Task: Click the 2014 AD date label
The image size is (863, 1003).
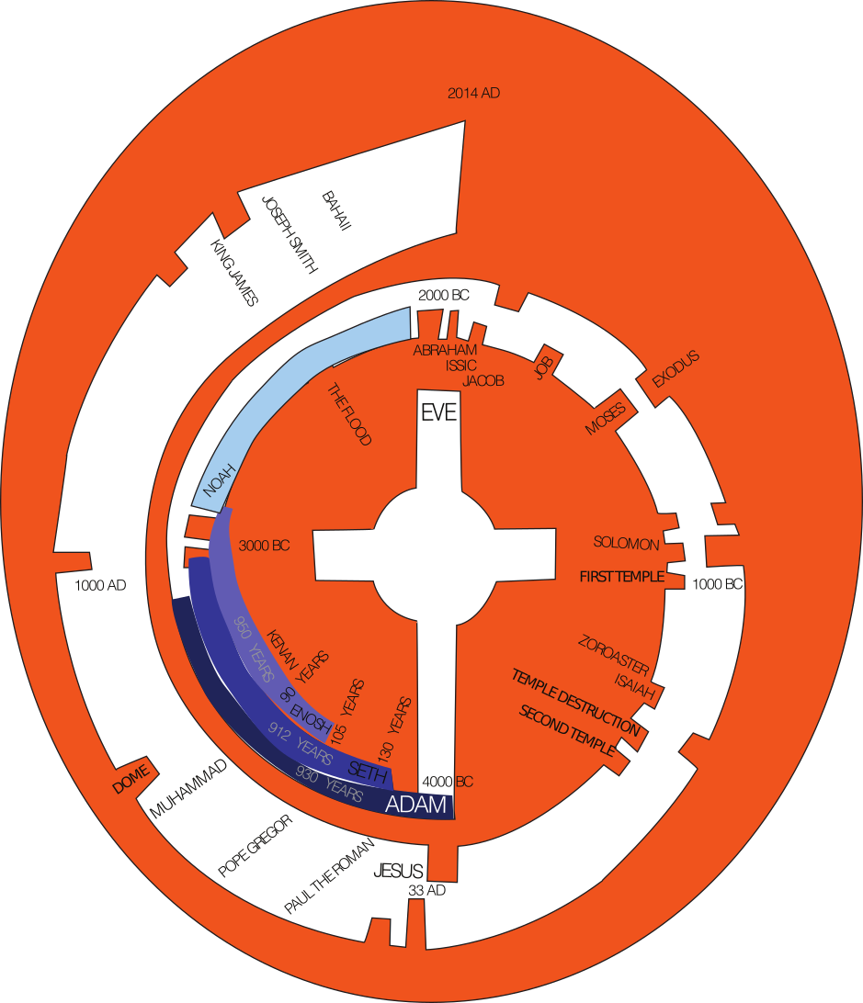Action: click(x=473, y=93)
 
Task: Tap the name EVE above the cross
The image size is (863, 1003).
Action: click(x=438, y=413)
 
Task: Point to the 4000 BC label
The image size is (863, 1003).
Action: click(x=448, y=783)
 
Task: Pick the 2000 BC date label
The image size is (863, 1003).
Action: click(x=443, y=295)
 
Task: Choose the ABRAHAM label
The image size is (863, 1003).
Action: click(x=445, y=350)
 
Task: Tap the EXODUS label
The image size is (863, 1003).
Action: click(x=676, y=368)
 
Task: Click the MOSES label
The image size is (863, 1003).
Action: click(x=605, y=419)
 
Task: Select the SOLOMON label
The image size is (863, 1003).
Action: click(x=626, y=544)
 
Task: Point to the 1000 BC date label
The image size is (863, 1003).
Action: click(x=717, y=584)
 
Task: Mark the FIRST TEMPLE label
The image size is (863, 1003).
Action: click(x=619, y=577)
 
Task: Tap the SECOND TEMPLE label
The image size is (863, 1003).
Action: click(x=567, y=731)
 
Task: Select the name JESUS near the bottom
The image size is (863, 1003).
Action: click(x=398, y=872)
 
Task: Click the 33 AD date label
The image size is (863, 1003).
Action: click(x=426, y=890)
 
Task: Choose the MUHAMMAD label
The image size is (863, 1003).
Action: click(x=188, y=788)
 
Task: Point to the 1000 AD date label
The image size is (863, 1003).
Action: click(x=100, y=585)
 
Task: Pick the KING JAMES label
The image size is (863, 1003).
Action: click(x=234, y=273)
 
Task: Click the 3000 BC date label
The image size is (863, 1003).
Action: click(x=264, y=545)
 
